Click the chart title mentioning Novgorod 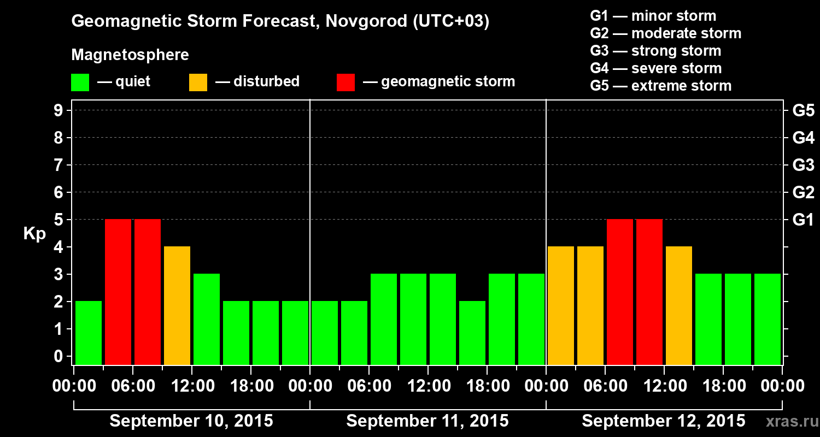click(x=280, y=21)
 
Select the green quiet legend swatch click(x=80, y=82)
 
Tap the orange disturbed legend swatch click(x=198, y=82)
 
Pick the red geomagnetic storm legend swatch click(x=345, y=82)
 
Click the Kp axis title click(x=34, y=234)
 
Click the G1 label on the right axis click(x=803, y=220)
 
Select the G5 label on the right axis click(x=803, y=110)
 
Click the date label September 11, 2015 click(x=427, y=421)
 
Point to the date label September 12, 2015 click(x=663, y=421)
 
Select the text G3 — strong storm click(x=655, y=51)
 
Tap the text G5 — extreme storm click(x=660, y=86)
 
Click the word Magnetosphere click(x=130, y=55)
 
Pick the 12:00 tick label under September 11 click(x=428, y=386)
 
